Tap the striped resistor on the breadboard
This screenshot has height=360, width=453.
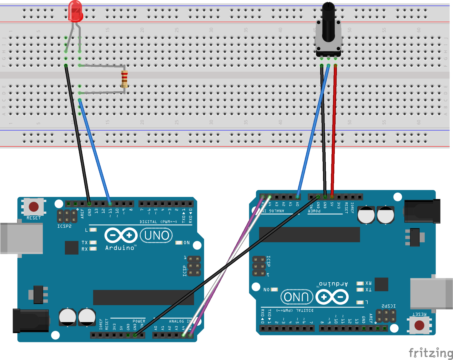tap(125, 79)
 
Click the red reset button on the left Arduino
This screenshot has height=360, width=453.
tap(34, 207)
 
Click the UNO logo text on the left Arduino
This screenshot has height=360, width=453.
tap(156, 235)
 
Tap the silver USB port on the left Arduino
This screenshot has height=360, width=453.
tap(22, 238)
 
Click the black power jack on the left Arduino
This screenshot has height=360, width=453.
tap(31, 321)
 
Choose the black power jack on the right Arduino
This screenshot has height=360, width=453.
tap(422, 211)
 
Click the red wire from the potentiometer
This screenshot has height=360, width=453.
tap(334, 128)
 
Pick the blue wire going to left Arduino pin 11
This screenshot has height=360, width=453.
tap(95, 151)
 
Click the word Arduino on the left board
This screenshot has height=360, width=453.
tap(120, 248)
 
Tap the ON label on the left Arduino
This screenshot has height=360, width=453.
tap(187, 243)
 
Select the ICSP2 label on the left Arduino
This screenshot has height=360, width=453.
tap(64, 226)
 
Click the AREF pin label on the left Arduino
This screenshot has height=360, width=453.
tap(82, 213)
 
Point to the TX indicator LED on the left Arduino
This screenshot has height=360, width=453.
tap(93, 243)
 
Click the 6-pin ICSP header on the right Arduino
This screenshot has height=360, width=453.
tap(259, 266)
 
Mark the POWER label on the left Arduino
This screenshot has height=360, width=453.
tap(139, 321)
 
